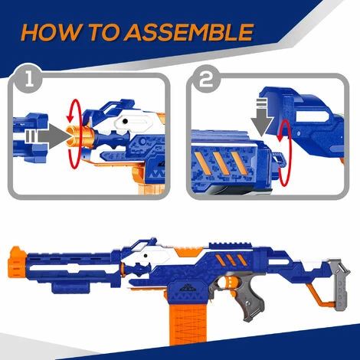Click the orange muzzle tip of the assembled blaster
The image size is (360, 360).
[18, 263]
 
